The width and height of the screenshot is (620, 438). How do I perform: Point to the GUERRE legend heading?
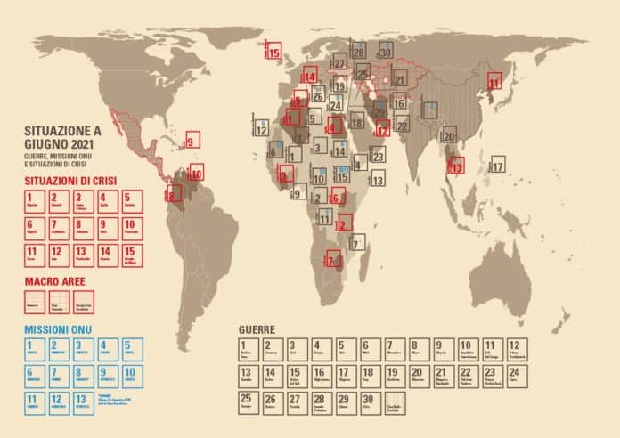(x=257, y=329)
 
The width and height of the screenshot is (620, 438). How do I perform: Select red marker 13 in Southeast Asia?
(x=456, y=165)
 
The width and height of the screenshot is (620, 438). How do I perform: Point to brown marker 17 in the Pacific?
(x=497, y=166)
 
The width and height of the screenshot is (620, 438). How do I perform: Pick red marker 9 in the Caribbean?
(x=192, y=139)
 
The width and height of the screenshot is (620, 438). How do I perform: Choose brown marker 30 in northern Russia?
(x=385, y=52)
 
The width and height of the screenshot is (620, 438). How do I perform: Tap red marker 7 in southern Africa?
(x=333, y=261)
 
